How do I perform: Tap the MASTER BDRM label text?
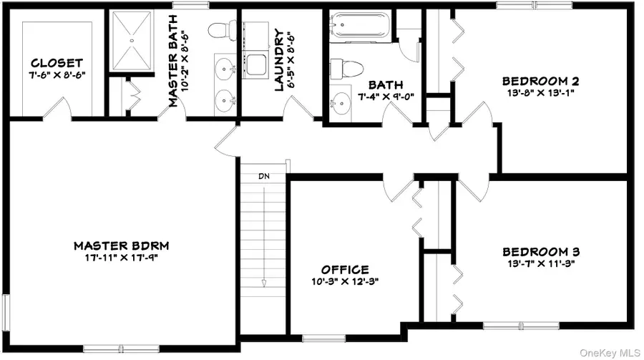tap(126, 245)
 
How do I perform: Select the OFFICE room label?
tap(345, 269)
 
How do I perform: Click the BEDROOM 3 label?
tap(540, 251)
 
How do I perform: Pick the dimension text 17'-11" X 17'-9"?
tap(126, 258)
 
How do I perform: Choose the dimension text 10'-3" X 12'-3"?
tap(345, 281)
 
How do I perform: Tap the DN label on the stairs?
tap(264, 175)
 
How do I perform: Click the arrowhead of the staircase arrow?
tap(264, 283)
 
